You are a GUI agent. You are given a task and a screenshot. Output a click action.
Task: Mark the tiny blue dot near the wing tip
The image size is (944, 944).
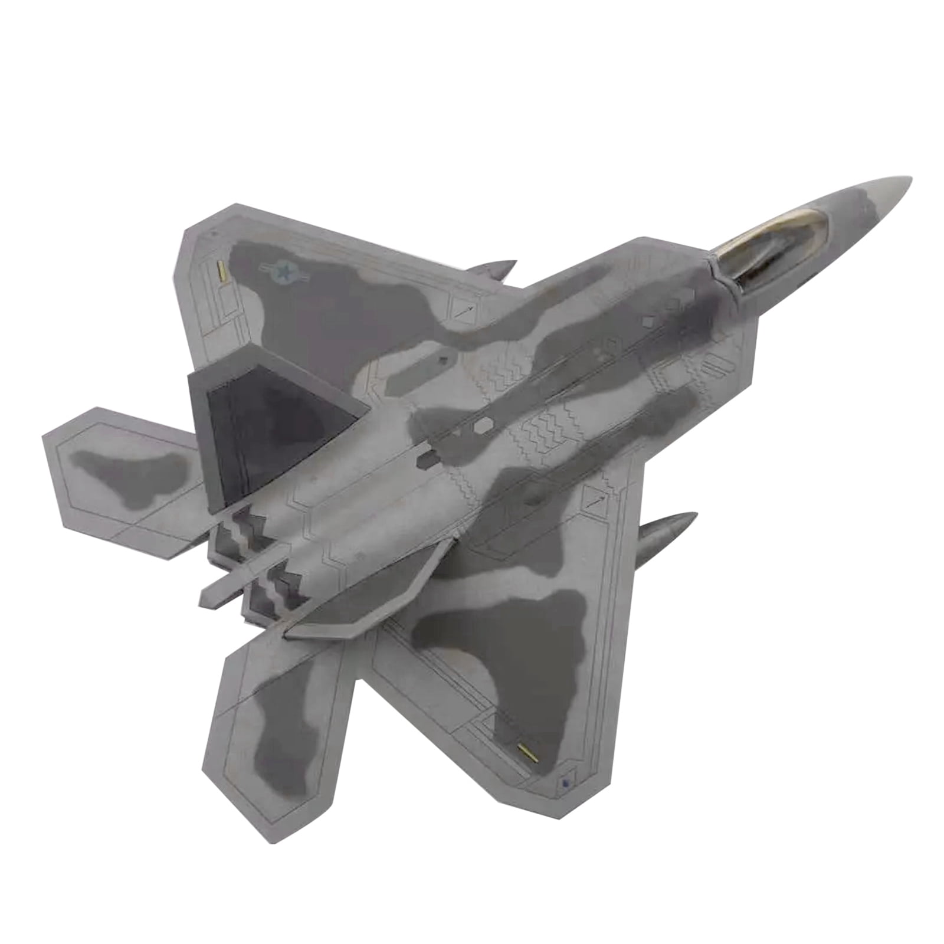tap(565, 784)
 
